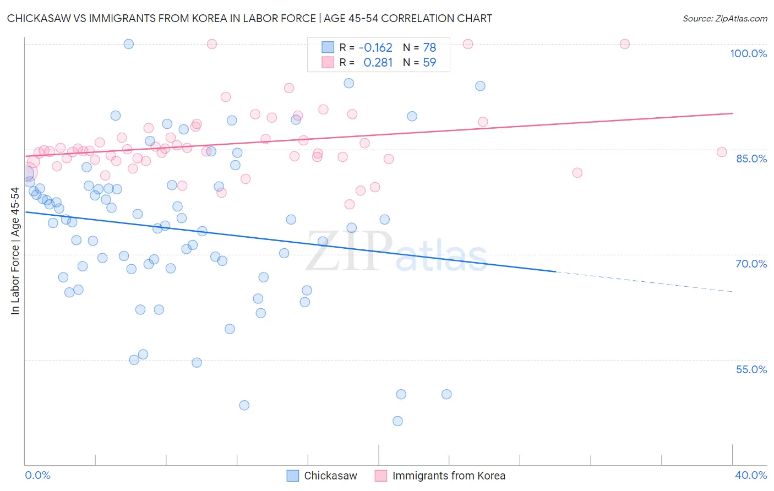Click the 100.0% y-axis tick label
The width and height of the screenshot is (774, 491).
coord(748,53)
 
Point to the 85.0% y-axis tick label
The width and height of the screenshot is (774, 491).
coord(751,159)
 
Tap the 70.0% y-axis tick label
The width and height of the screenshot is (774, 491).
coord(751,264)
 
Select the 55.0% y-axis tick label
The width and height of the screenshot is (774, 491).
coord(751,369)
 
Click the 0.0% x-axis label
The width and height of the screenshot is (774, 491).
coord(37,475)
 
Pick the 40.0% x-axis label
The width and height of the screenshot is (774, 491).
coord(750,475)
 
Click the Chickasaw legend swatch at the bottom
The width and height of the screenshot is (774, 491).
coord(293,476)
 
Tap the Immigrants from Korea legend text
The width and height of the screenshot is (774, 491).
coord(449,476)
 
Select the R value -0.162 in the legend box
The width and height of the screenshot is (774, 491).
coord(375,47)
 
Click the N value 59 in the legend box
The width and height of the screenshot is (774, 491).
coord(429,63)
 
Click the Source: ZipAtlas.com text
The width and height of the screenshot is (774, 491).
coord(724,18)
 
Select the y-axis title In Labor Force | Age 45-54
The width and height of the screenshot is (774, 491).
coord(15,251)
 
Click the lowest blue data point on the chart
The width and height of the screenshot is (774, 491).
coord(397,421)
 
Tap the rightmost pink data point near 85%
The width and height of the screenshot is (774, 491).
coord(722,152)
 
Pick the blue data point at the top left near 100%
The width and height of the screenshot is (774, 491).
coord(128,44)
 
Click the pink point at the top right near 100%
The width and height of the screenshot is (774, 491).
coord(624,44)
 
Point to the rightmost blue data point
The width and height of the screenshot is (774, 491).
coord(480,86)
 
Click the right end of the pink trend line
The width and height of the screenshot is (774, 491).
coord(732,113)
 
